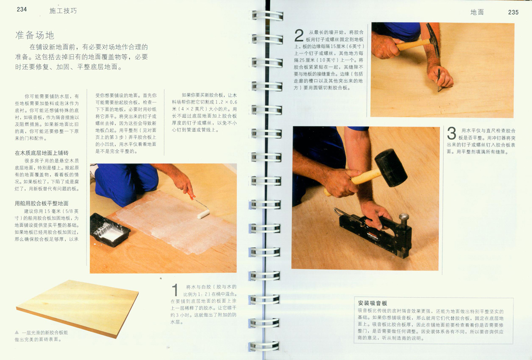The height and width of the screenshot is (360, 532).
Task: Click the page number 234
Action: coord(22,9)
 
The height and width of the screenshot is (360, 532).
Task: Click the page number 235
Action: coord(513,12)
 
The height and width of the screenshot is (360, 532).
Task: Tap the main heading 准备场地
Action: coord(35,35)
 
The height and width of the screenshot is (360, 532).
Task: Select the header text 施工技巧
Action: coord(63,11)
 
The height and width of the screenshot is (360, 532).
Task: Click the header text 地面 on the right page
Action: coord(477,12)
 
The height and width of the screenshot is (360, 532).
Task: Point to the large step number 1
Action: coord(175,290)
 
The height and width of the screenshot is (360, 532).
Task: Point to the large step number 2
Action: coord(299,36)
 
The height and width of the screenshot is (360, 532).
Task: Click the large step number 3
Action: coord(451,133)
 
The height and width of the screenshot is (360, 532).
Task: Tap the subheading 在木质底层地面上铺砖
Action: coord(42,153)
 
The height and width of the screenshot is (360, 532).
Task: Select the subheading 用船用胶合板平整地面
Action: coord(42,203)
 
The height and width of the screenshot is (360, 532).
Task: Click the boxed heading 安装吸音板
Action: coord(373,303)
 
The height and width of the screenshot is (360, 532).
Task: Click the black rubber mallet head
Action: coord(391,167)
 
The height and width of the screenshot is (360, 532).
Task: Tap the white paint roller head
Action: coord(203,214)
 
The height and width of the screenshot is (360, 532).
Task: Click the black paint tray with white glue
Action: coord(109,229)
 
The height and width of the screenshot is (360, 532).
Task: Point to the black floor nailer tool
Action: coord(375,234)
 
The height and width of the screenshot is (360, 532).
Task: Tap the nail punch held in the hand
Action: coord(439,81)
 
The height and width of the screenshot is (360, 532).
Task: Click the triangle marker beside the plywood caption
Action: coord(17,332)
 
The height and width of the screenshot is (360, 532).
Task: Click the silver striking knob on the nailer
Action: coord(403,217)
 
